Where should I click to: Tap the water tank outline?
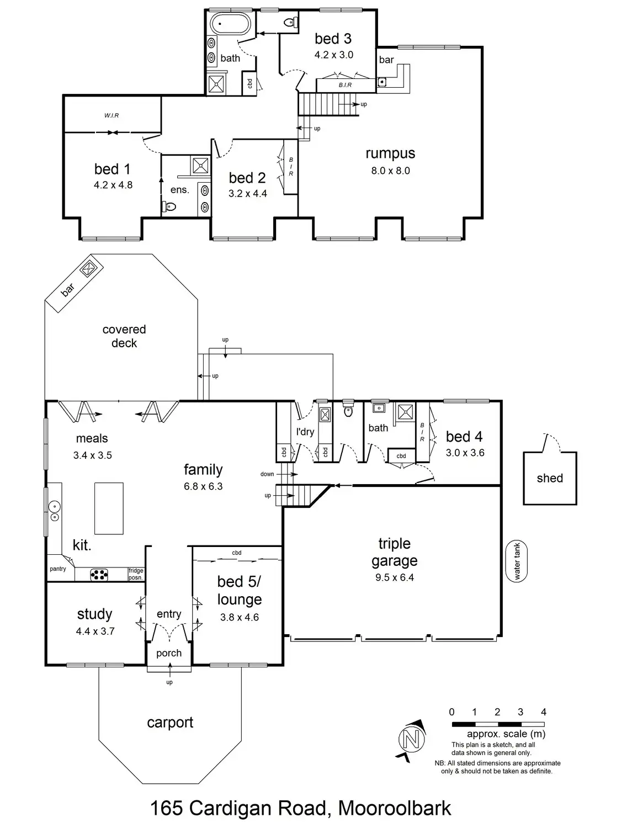pyautogui.click(x=517, y=561)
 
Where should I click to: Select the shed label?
pyautogui.click(x=550, y=479)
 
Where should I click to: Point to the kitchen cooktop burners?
pyautogui.click(x=100, y=575)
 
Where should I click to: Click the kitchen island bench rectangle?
pyautogui.click(x=109, y=508)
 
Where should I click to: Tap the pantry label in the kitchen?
pyautogui.click(x=58, y=569)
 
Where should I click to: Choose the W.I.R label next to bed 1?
pyautogui.click(x=112, y=115)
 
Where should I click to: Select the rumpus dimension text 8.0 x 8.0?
pyautogui.click(x=390, y=171)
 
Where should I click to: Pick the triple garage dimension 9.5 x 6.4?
pyautogui.click(x=394, y=577)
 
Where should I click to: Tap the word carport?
pyautogui.click(x=170, y=723)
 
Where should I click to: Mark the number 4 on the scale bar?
pyautogui.click(x=543, y=712)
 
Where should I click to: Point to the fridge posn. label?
pyautogui.click(x=136, y=574)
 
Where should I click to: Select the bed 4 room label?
pyautogui.click(x=464, y=437)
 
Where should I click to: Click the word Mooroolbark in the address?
pyautogui.click(x=394, y=809)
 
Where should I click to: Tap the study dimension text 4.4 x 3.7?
pyautogui.click(x=95, y=631)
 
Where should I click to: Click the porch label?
pyautogui.click(x=169, y=653)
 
